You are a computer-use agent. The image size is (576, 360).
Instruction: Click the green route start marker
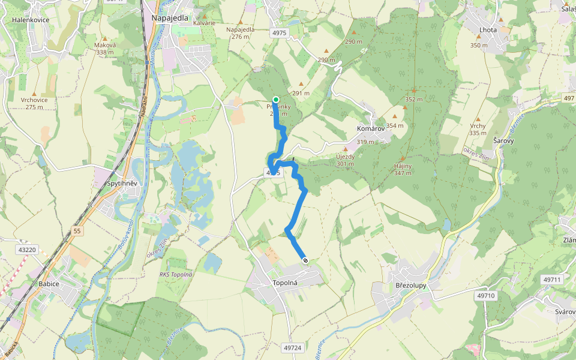275,100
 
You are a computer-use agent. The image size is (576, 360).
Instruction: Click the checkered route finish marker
305,260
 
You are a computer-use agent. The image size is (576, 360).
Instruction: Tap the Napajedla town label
170,18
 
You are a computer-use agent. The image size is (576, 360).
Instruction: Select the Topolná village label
286,282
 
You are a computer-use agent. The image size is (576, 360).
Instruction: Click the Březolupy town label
411,286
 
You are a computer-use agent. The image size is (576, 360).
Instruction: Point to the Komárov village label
370,129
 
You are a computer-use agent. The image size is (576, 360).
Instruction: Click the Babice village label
49,284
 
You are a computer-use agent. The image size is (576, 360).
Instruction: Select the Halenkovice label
31,20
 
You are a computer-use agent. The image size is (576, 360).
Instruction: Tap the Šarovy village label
503,140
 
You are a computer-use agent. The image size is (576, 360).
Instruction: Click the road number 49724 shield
292,348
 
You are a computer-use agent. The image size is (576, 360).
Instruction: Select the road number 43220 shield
28,250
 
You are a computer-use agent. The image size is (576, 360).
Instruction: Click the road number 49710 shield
486,296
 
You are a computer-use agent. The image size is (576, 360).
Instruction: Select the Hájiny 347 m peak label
403,169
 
